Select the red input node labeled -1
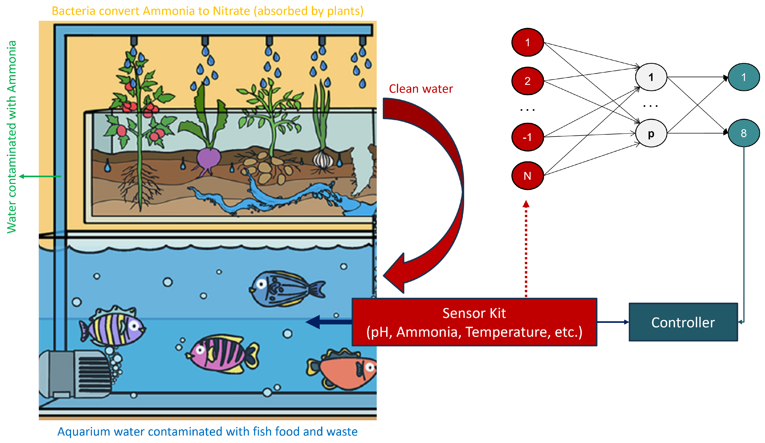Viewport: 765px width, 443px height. click(x=527, y=137)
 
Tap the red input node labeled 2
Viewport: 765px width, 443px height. click(x=527, y=81)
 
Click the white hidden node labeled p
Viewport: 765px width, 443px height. click(x=651, y=133)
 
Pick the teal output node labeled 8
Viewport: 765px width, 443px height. click(x=743, y=133)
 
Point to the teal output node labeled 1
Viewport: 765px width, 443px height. click(x=743, y=77)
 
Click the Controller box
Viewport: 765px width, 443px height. click(x=683, y=322)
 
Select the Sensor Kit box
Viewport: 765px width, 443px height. click(x=474, y=322)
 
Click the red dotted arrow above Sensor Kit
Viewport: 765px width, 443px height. click(x=526, y=249)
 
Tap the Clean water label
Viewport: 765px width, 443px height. click(x=421, y=89)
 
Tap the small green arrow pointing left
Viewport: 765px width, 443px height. click(x=39, y=176)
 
